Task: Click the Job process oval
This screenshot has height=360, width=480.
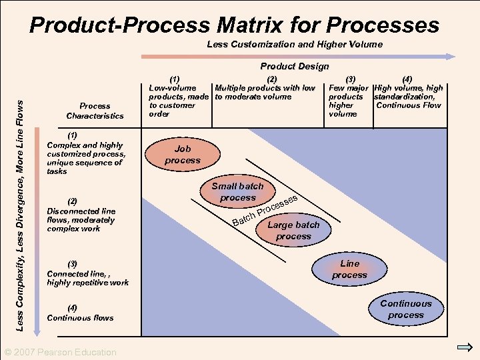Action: (x=182, y=155)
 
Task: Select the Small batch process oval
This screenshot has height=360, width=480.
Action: (x=237, y=192)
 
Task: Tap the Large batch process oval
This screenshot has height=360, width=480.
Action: (x=293, y=231)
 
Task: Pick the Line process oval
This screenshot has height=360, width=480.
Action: (x=349, y=269)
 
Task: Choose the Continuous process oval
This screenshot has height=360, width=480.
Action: (x=406, y=309)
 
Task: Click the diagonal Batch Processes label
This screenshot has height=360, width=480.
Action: (x=264, y=211)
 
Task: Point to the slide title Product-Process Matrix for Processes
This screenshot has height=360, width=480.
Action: (x=235, y=25)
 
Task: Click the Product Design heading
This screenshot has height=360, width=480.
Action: (x=294, y=66)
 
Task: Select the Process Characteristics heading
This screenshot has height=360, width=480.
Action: (x=95, y=111)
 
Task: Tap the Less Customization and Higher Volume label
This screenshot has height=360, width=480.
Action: (x=295, y=44)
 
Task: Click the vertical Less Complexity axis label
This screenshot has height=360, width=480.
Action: (x=20, y=215)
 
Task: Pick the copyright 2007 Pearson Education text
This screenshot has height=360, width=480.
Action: (x=61, y=352)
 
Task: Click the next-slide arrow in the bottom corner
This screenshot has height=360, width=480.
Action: (x=465, y=347)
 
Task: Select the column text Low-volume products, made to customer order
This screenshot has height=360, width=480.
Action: (x=178, y=101)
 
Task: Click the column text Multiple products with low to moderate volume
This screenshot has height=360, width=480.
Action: (x=265, y=92)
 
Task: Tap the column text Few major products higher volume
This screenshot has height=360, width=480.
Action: (x=349, y=101)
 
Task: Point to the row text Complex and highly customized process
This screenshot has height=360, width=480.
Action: (x=85, y=158)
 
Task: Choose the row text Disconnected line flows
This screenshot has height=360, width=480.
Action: (x=81, y=220)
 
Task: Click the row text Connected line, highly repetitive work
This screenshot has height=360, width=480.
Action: (x=87, y=278)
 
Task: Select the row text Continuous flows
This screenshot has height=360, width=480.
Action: (x=80, y=317)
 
